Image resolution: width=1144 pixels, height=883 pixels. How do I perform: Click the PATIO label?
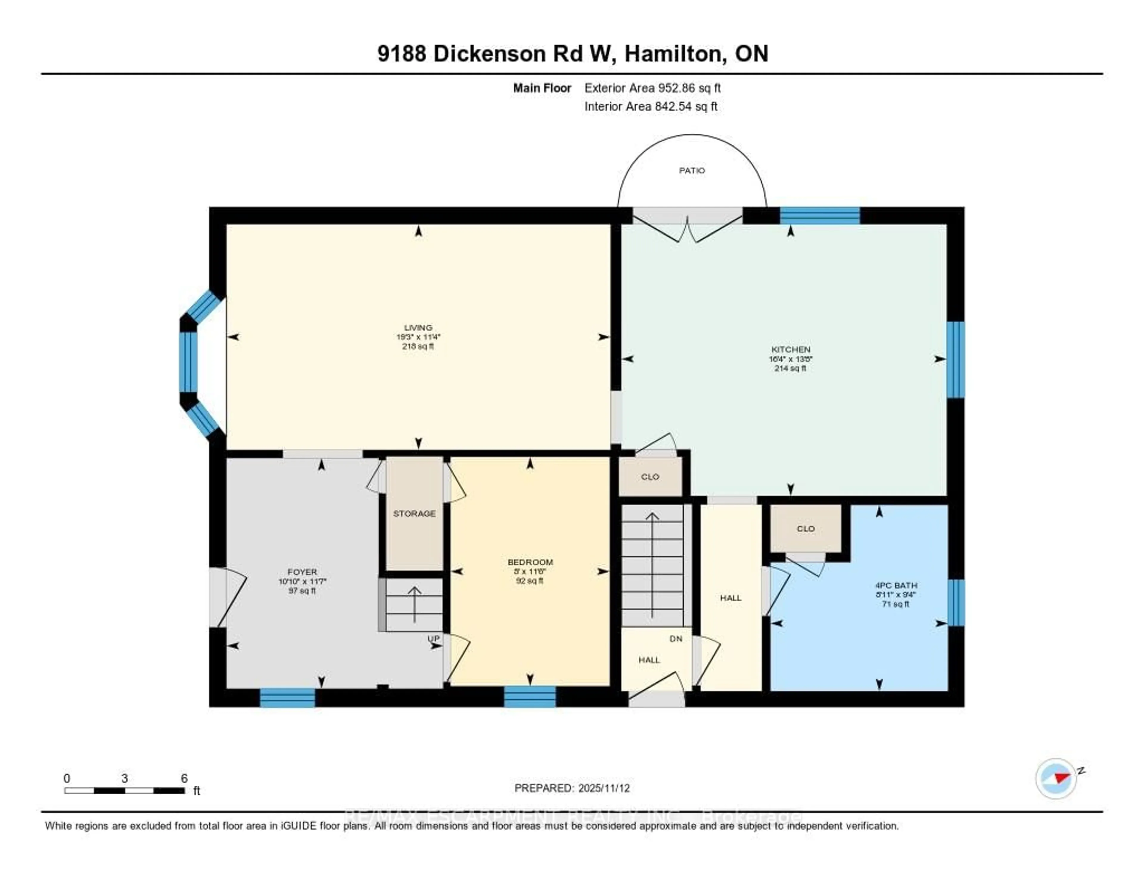pyautogui.click(x=691, y=171)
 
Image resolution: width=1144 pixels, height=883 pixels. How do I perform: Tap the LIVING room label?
pyautogui.click(x=418, y=328)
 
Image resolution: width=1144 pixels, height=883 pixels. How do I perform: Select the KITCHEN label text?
pyautogui.click(x=790, y=349)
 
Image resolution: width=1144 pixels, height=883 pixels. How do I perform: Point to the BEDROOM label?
pyautogui.click(x=530, y=562)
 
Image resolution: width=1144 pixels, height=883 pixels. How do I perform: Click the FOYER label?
pyautogui.click(x=302, y=572)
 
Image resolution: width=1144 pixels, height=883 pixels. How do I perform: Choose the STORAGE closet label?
pyautogui.click(x=414, y=514)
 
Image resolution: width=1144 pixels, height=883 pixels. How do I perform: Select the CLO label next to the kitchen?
pyautogui.click(x=650, y=477)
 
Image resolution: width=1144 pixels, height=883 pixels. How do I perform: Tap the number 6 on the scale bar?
pyautogui.click(x=184, y=778)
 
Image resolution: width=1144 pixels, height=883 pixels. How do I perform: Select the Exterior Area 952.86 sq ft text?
pyautogui.click(x=652, y=88)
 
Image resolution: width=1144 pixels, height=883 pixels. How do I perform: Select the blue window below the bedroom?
pyautogui.click(x=530, y=697)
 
